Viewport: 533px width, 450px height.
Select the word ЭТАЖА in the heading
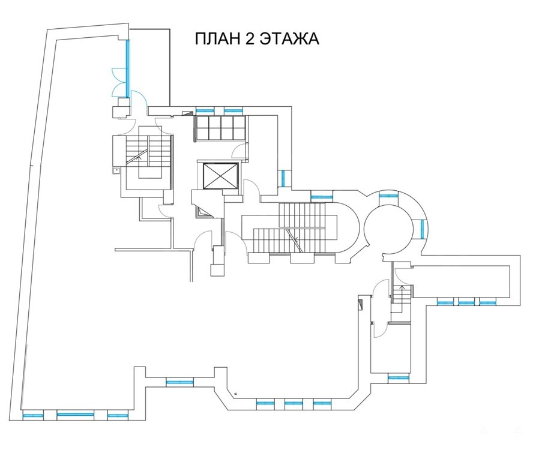pos(290,39)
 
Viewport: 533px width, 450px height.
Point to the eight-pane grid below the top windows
pos(221,128)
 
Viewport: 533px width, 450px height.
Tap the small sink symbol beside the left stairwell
pos(116,171)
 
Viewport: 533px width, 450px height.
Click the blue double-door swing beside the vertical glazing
pos(119,82)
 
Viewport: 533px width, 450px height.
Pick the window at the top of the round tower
pos(388,196)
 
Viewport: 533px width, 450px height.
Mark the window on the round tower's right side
pos(423,229)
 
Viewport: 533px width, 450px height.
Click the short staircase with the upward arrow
pos(402,294)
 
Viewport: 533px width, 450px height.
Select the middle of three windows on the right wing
pos(466,302)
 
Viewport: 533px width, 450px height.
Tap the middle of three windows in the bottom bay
pos(294,403)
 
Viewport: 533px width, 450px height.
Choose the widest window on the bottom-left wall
pos(75,415)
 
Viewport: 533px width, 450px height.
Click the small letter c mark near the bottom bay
pos(235,394)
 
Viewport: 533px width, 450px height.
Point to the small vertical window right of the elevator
pos(283,178)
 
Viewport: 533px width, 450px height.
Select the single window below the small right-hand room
pos(398,377)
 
